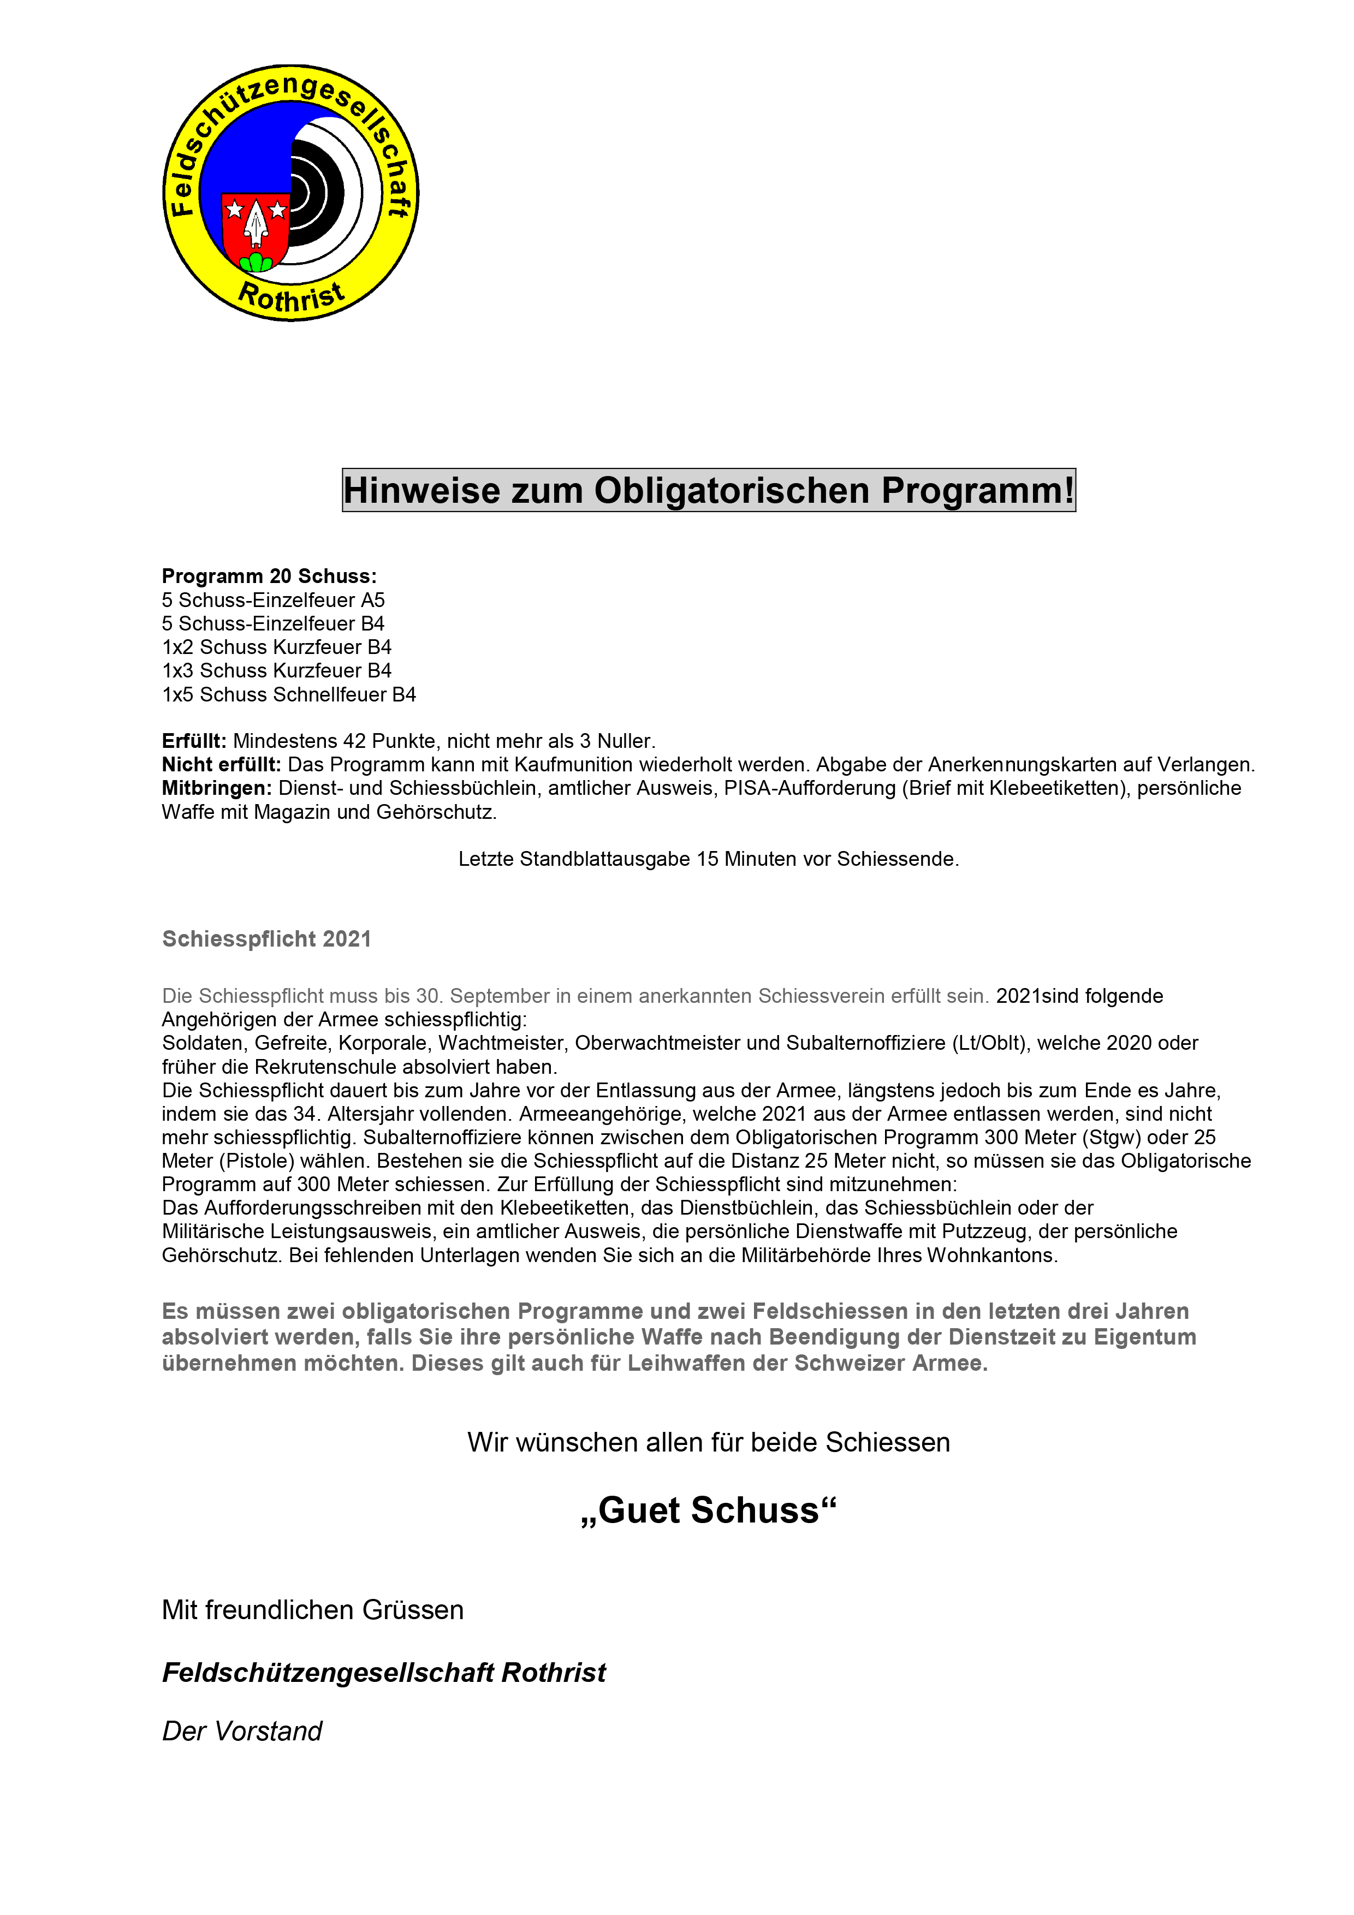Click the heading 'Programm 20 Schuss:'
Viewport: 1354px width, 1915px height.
(269, 576)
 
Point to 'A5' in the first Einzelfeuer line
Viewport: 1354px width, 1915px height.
(372, 600)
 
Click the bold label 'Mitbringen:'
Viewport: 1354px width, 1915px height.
(217, 788)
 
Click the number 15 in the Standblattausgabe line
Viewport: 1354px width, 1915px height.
(708, 859)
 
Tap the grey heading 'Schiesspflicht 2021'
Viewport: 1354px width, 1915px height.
(266, 939)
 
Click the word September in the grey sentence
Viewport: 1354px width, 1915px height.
(501, 996)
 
